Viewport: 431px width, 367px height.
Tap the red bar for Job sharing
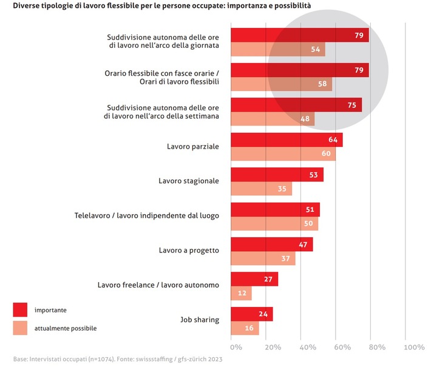pos(251,314)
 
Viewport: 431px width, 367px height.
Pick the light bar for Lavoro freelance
pos(240,294)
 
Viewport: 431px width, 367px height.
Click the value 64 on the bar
pos(333,140)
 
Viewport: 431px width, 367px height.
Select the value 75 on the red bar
pos(351,105)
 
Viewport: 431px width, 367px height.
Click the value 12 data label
pos(242,294)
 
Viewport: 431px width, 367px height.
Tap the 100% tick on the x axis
pos(414,348)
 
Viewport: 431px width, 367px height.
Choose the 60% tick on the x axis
pos(342,348)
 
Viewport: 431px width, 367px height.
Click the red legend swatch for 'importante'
pos(21,309)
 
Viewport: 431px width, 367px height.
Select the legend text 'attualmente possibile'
pos(66,328)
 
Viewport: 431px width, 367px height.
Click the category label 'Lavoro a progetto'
pos(189,250)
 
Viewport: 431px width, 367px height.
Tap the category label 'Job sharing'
pos(200,320)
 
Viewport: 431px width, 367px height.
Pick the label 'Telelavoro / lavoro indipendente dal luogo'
pos(146,215)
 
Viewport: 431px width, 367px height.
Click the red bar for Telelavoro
pos(274,209)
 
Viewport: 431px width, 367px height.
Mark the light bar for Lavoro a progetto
pos(262,258)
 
